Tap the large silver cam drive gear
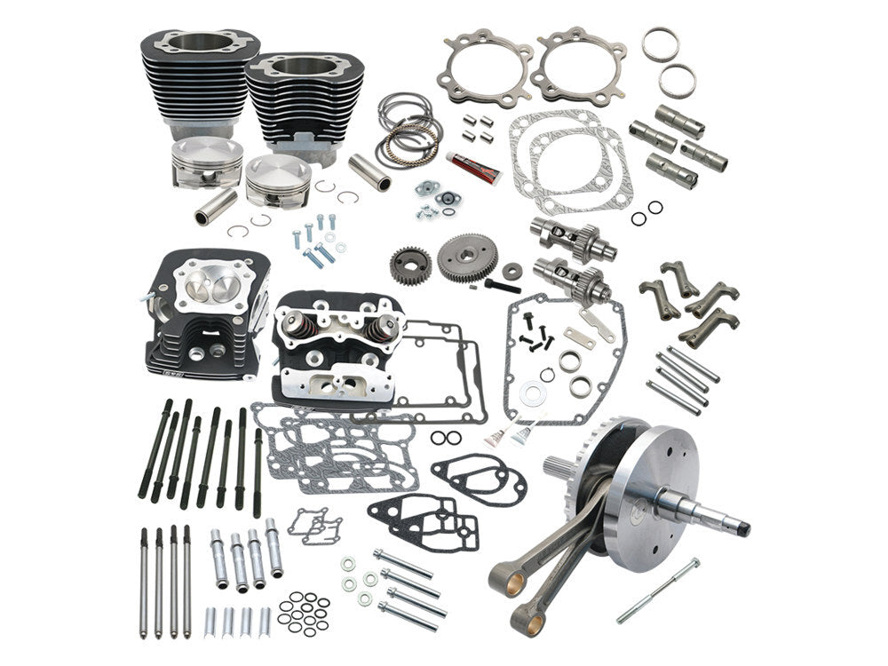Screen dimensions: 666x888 click(x=467, y=258)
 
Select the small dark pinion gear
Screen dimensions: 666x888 click(x=410, y=264)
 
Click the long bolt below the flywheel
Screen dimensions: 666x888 click(x=658, y=590)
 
